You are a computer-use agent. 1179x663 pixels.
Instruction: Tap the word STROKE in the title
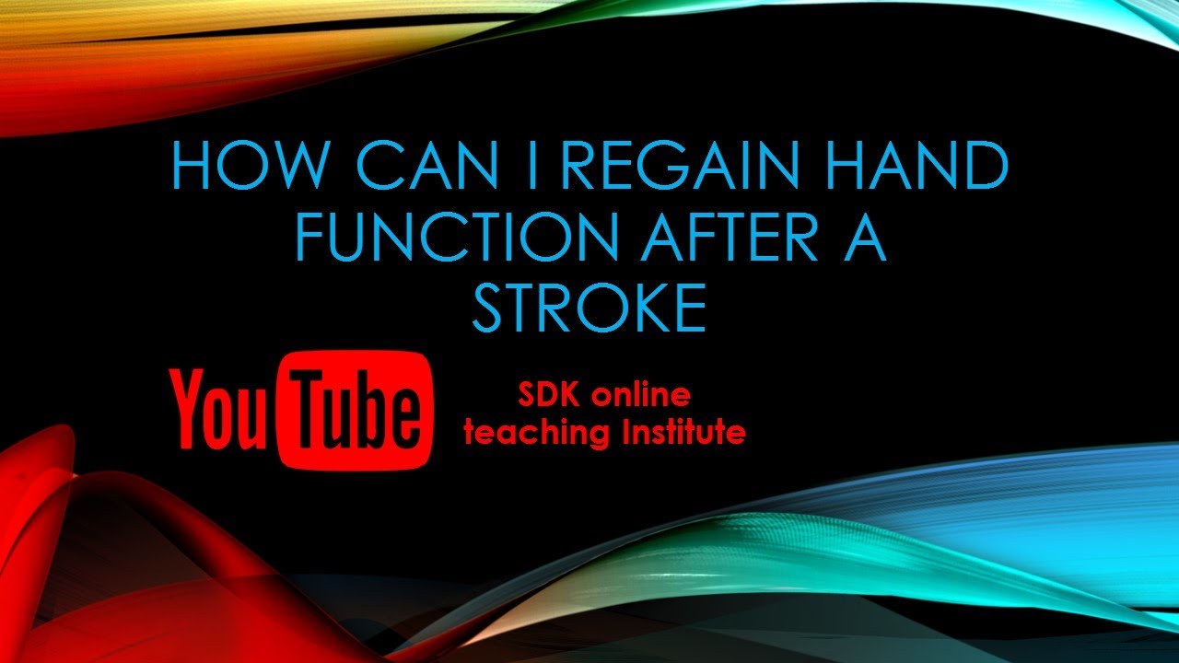[589, 308]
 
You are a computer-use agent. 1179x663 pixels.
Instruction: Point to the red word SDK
[550, 396]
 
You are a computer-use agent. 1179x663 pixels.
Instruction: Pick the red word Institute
[672, 431]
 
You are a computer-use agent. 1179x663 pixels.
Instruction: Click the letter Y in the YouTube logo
[188, 406]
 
